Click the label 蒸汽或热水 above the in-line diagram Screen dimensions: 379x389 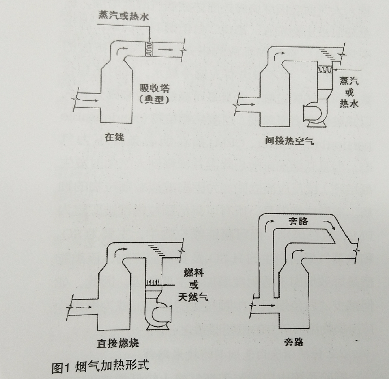coord(124,15)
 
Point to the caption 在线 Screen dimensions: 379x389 coord(114,137)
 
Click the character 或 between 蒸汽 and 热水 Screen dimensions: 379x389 coord(349,92)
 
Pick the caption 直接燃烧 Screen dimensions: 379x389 coord(118,343)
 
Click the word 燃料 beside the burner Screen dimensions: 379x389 coord(194,272)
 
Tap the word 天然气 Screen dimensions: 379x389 coord(193,297)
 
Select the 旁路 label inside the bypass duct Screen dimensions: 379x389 coord(298,221)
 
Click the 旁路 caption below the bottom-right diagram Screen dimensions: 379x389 coord(293,342)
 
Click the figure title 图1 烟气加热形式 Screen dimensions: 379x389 coord(100,365)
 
